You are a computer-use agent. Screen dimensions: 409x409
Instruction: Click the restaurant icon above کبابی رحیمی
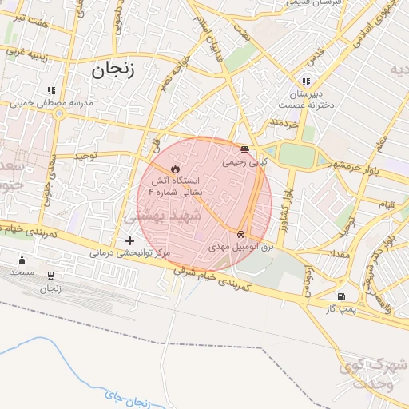tap(244, 149)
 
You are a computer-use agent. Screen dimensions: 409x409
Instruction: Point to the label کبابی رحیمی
tap(244, 162)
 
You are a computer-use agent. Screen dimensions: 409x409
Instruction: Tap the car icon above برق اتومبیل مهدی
tap(240, 234)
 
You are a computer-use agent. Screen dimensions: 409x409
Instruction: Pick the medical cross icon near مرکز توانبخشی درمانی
tap(130, 240)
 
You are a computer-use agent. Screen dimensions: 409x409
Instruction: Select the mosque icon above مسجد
tap(22, 259)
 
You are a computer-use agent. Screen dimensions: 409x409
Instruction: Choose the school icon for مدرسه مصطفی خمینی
tap(51, 91)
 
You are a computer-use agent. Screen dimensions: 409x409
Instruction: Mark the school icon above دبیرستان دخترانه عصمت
tap(306, 81)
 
